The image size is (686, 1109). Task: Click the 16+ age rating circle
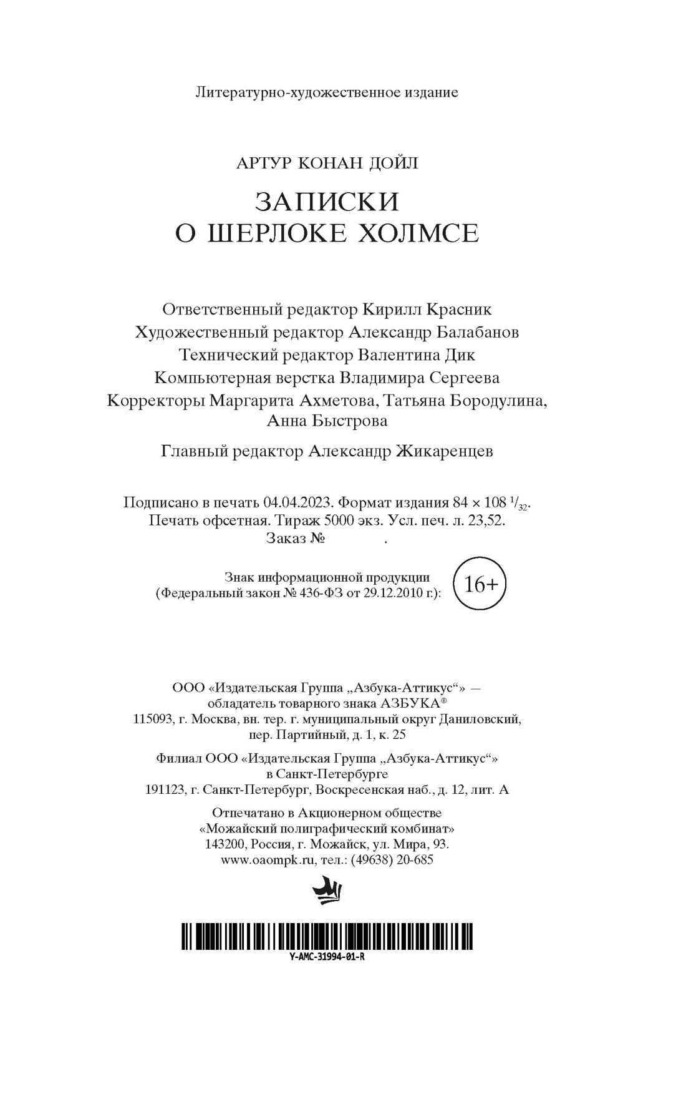[x=479, y=585]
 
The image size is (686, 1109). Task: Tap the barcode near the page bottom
[x=327, y=936]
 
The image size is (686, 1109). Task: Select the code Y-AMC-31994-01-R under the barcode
[x=327, y=957]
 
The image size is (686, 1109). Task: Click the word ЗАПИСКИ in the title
[x=327, y=202]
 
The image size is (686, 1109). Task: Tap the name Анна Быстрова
[x=327, y=421]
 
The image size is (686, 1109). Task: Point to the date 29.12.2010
[x=379, y=594]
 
